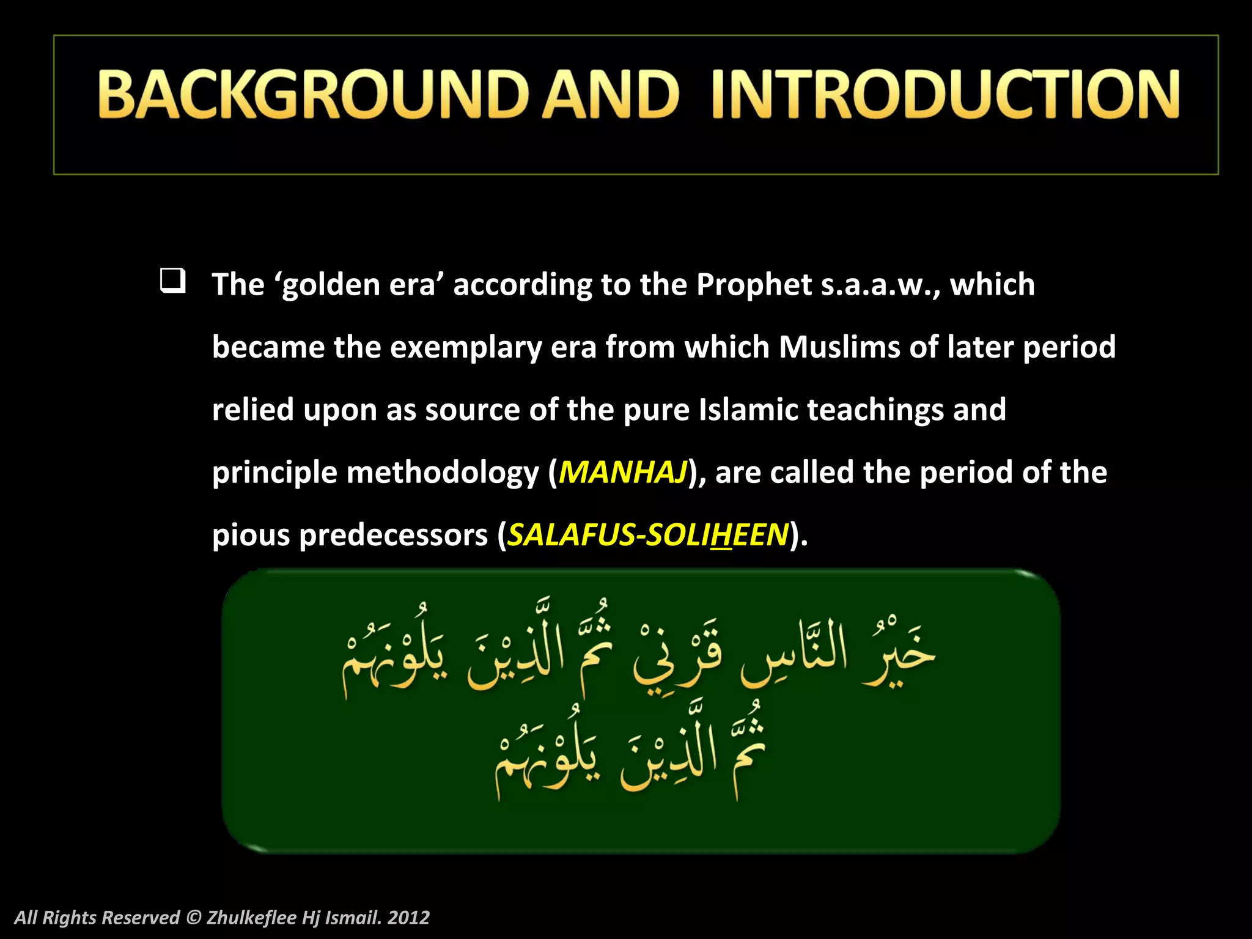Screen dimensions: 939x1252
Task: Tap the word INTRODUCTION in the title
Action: point(945,94)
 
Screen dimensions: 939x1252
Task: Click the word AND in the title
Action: point(611,94)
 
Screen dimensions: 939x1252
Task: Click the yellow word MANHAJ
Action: point(623,473)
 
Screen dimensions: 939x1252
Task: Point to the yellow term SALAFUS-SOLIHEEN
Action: point(648,535)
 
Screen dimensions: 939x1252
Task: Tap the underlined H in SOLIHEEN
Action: point(721,535)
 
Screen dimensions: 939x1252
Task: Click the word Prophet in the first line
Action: point(754,285)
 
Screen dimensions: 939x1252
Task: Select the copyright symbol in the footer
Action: point(193,918)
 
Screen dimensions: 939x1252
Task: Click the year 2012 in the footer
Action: point(408,918)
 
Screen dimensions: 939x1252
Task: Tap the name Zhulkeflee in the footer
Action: point(252,918)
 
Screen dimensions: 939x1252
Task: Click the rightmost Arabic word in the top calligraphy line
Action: point(899,654)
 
